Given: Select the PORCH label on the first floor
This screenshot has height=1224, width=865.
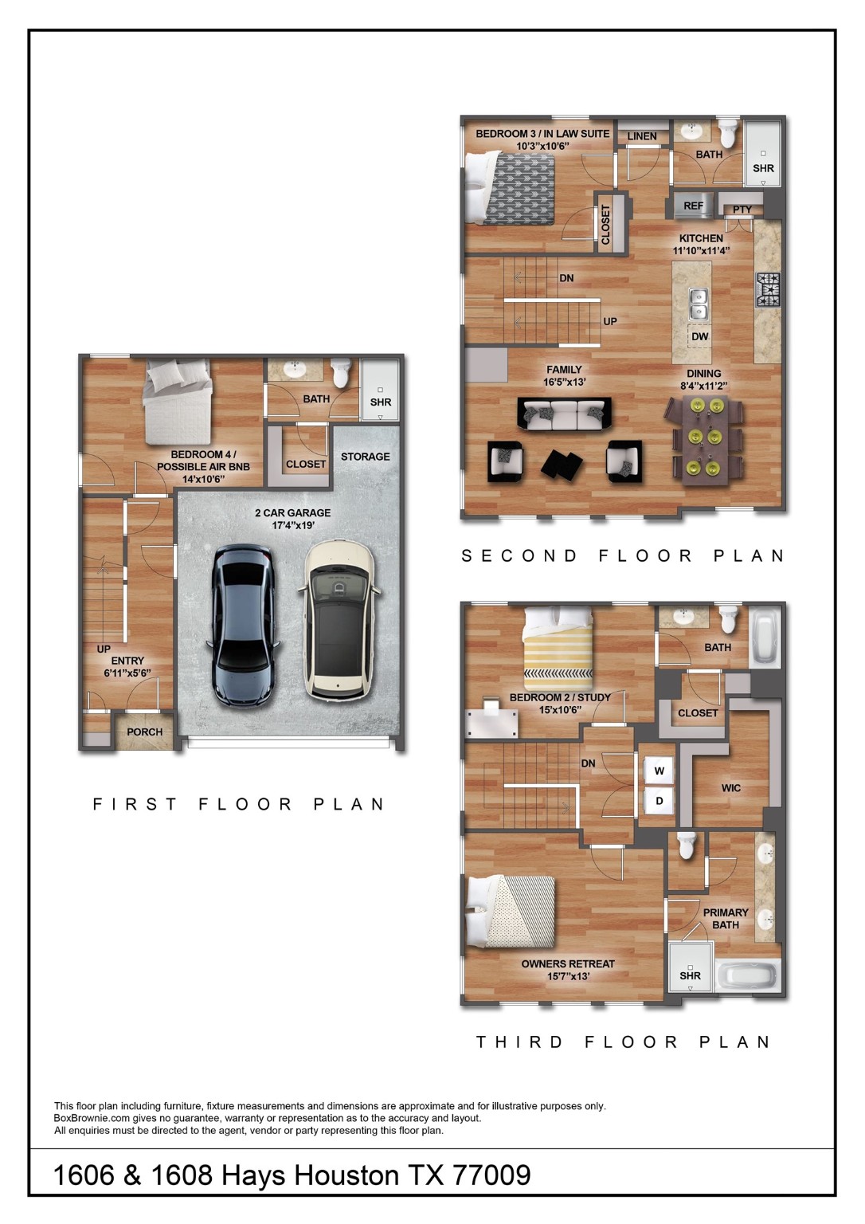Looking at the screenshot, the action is click(x=144, y=732).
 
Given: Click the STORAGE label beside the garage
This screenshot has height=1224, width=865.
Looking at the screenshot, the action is click(x=366, y=457).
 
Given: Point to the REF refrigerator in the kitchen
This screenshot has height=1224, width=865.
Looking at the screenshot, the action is click(x=693, y=206).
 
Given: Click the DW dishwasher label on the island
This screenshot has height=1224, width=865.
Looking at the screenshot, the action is click(x=699, y=336).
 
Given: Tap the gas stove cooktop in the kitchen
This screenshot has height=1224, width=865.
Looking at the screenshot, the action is click(x=769, y=289).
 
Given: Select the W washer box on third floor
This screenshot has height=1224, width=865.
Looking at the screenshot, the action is click(x=660, y=771).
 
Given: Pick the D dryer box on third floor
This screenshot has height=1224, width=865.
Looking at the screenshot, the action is click(x=660, y=801).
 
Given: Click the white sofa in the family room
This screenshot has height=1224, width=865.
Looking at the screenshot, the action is click(x=564, y=413).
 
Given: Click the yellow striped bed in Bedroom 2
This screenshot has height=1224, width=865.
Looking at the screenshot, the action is click(x=558, y=650).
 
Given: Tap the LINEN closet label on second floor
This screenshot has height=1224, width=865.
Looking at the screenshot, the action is click(x=642, y=136).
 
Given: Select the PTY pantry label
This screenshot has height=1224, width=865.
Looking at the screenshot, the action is click(x=742, y=210).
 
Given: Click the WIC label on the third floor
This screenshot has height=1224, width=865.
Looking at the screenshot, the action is click(x=730, y=788).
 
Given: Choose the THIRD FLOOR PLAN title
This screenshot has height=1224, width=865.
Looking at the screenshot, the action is click(x=623, y=1042).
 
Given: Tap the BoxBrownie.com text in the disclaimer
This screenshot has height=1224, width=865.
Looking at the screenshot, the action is click(x=91, y=1118).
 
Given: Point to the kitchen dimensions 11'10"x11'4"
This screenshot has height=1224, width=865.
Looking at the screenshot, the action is click(x=701, y=251).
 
